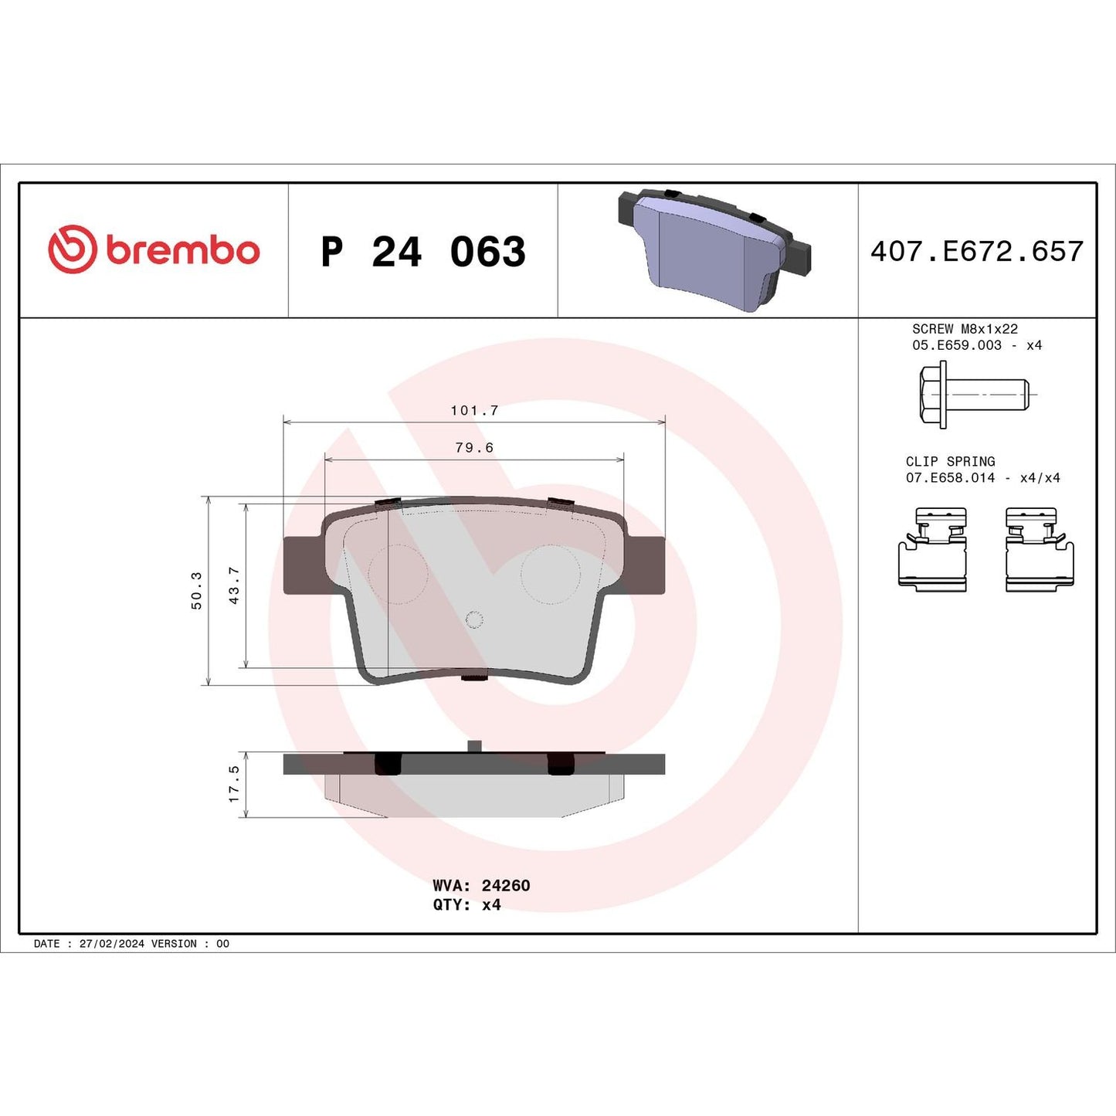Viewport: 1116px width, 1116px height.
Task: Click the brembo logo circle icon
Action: (x=72, y=249)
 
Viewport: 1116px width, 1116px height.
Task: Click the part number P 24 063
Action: (x=423, y=252)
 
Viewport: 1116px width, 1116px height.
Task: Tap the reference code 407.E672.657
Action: (x=977, y=252)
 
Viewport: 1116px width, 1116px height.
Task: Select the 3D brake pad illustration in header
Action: (x=714, y=249)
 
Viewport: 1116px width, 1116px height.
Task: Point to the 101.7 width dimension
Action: (x=474, y=411)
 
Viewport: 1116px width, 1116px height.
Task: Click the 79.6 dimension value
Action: (x=474, y=448)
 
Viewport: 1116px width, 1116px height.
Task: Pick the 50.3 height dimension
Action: (x=197, y=591)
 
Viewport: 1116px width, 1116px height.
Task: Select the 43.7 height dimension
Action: (x=234, y=585)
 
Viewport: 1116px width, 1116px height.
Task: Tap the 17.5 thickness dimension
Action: (x=234, y=784)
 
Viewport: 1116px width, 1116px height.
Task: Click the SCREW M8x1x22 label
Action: (x=965, y=329)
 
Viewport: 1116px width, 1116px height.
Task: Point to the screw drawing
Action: (x=973, y=395)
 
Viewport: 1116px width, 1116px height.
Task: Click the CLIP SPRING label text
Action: (x=950, y=462)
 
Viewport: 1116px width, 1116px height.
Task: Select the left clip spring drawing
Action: (x=932, y=550)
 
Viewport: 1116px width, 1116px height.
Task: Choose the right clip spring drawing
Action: (x=1040, y=550)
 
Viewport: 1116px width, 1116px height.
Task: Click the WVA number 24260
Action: (x=506, y=886)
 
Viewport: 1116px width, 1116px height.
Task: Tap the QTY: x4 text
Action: (x=466, y=905)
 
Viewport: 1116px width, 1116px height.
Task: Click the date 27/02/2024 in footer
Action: (x=111, y=944)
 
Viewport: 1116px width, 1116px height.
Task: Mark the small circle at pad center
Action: (x=474, y=620)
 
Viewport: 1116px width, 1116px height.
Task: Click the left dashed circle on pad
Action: (x=398, y=574)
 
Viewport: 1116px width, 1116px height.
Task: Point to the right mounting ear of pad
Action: (x=646, y=565)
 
